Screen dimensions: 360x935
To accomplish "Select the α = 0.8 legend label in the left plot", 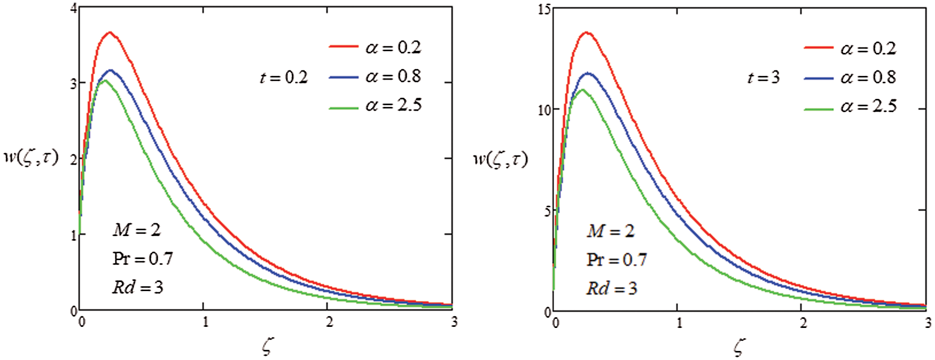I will [393, 76].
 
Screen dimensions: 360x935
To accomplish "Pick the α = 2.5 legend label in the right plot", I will [868, 106].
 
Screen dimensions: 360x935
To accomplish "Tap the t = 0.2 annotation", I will [284, 78].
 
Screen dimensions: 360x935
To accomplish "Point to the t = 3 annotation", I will [763, 78].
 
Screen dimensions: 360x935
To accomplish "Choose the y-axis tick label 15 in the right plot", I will [544, 10].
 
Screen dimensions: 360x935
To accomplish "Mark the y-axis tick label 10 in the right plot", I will [544, 110].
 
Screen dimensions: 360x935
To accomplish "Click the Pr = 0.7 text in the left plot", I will [143, 259].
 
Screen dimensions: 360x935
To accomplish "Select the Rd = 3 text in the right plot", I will [612, 289].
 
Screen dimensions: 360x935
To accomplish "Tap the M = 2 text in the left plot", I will [136, 230].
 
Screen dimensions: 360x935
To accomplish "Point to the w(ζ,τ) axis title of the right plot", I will [500, 159].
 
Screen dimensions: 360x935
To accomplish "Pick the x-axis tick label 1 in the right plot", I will [679, 323].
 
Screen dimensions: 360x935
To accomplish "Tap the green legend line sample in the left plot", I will [343, 107].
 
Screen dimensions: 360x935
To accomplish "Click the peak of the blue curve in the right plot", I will [588, 73].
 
